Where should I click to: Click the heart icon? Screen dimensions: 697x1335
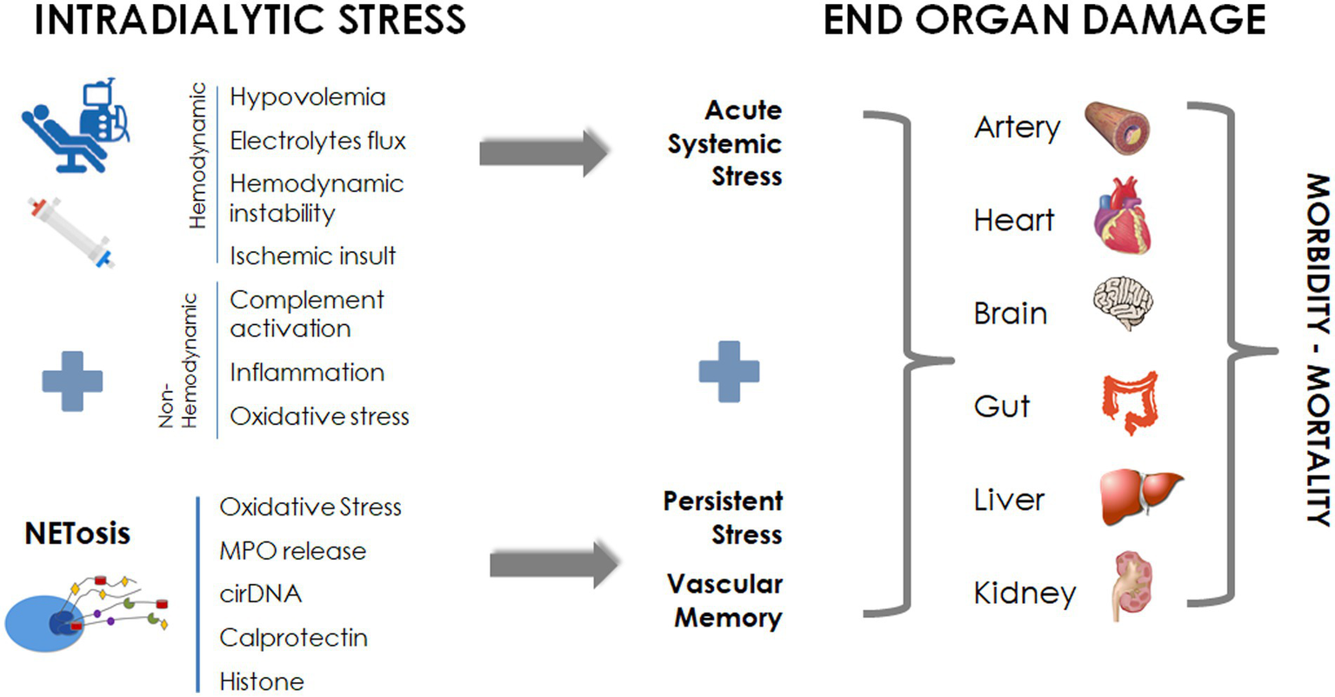(x=1122, y=216)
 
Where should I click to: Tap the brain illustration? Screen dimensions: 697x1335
(x=1122, y=304)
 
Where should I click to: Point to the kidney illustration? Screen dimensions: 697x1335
(x=1132, y=586)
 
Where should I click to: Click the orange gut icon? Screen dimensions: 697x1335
(x=1130, y=402)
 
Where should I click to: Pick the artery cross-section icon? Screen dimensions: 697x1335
(x=1118, y=127)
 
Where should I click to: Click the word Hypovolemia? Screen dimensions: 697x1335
(x=307, y=96)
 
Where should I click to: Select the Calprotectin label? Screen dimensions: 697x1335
(x=293, y=638)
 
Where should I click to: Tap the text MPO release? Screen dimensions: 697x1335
(x=292, y=551)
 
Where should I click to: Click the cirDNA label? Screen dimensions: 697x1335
(x=260, y=594)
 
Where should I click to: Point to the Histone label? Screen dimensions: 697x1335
(x=261, y=681)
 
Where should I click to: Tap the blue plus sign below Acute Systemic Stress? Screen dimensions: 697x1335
(x=729, y=372)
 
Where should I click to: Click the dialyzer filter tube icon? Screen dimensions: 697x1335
(x=71, y=230)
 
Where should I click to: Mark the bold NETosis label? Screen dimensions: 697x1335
(x=77, y=533)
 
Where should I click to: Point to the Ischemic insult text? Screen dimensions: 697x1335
(x=312, y=256)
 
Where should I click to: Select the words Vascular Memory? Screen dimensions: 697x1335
(x=726, y=601)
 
